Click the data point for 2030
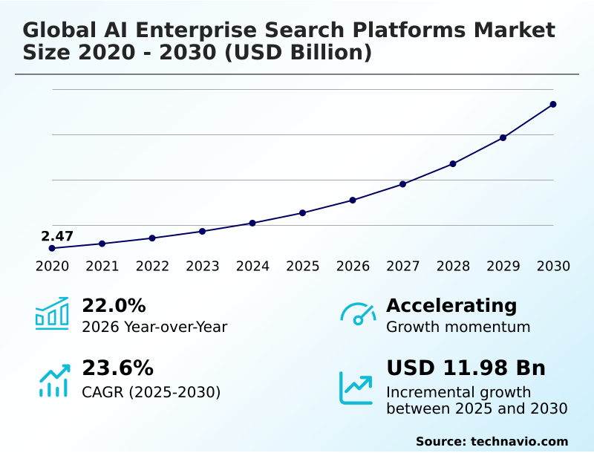553,105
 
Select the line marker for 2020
52,248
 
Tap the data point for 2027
402,184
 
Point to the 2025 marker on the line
302,213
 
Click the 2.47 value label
57,236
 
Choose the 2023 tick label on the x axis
202,267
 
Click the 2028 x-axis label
453,267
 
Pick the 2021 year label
102,267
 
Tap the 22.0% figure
114,305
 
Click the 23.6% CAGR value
117,368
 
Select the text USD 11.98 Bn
466,368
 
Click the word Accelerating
451,305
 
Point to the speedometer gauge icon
358,313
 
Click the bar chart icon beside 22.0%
52,314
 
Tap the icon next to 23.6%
53,380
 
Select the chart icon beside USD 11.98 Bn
356,388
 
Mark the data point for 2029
503,138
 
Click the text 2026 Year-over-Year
154,327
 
